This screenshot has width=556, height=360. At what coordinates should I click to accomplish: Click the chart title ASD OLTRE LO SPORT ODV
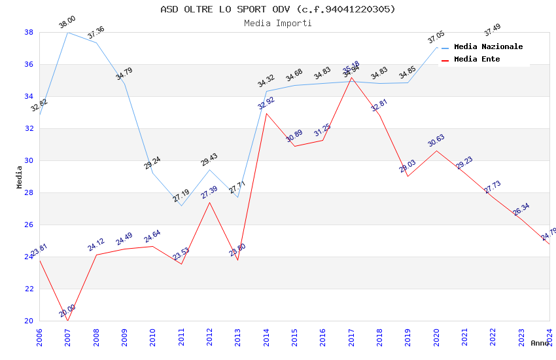point(278,9)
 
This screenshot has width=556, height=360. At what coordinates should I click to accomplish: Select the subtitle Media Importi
point(278,23)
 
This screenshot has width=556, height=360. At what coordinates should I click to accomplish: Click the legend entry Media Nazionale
point(488,46)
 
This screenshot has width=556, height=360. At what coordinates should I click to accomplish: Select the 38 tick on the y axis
point(29,32)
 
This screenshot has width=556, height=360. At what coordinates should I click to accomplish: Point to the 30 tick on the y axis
point(29,160)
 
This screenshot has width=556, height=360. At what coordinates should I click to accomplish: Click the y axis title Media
point(20,177)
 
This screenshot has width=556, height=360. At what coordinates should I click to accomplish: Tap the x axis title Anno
point(540,343)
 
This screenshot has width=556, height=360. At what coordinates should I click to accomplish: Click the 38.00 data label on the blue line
point(67,22)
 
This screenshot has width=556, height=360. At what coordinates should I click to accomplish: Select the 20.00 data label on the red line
point(67,311)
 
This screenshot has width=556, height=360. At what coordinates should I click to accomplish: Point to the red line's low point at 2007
point(67,321)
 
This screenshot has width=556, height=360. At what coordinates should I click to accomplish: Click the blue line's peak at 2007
point(67,32)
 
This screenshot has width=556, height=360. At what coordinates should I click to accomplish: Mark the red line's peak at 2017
point(351,77)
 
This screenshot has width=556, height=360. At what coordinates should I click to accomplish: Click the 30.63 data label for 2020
point(436,141)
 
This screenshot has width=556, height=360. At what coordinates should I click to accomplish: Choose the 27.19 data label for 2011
point(181,196)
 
